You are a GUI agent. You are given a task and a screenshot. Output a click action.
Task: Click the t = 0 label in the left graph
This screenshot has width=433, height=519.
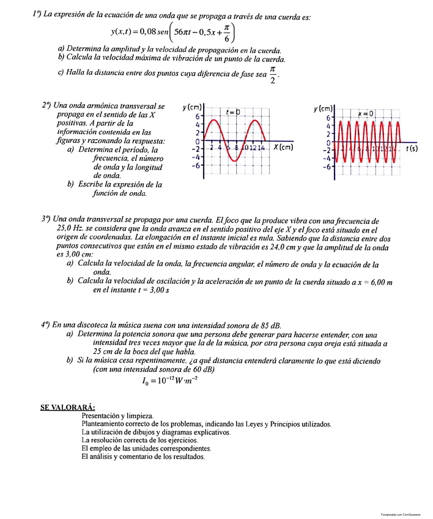(232, 113)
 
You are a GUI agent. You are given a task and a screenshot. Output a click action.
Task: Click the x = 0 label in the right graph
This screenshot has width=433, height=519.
(365, 114)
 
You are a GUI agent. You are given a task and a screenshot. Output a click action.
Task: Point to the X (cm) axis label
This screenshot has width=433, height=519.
(283, 147)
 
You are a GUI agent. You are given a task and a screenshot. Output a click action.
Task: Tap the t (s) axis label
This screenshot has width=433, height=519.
(412, 148)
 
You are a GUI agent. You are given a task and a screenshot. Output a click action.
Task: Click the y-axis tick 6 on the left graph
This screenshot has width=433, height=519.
(197, 116)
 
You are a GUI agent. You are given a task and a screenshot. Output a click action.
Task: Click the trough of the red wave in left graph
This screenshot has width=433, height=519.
(235, 159)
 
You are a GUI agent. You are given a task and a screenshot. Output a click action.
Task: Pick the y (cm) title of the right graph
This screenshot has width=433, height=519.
(324, 108)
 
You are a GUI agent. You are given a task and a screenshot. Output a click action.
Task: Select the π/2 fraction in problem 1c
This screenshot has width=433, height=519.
(273, 77)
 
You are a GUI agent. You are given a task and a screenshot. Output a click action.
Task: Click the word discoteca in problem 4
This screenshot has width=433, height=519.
(86, 325)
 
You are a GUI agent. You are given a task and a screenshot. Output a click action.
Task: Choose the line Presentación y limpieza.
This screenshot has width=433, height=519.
(117, 416)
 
